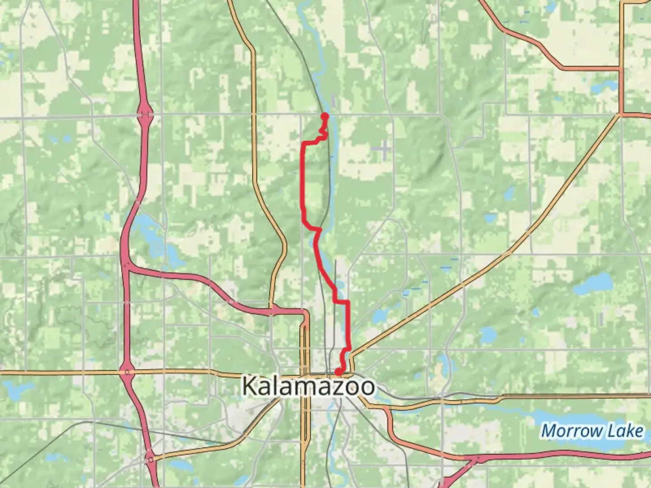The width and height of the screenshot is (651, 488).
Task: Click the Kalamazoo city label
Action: [309, 386]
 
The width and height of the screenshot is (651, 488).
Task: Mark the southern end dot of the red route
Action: [338, 372]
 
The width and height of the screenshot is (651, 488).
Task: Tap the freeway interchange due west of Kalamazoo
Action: [127, 372]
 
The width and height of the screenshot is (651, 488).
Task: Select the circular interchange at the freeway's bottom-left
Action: [150, 459]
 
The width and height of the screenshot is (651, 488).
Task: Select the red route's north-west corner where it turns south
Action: [303, 144]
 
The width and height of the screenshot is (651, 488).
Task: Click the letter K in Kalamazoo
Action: [251, 386]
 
